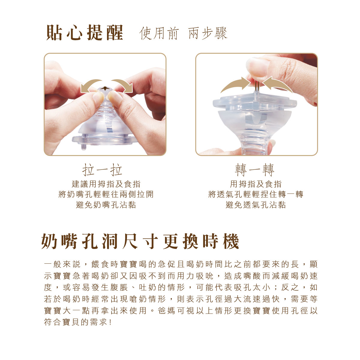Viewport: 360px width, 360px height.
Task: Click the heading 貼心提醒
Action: click(85, 33)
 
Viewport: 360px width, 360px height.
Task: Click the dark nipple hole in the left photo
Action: click(105, 88)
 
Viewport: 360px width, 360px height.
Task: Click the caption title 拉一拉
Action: click(102, 170)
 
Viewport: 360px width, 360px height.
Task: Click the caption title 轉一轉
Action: click(254, 170)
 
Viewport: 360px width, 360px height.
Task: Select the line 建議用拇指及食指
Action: click(106, 184)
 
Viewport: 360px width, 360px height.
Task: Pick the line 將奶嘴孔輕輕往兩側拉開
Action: click(106, 194)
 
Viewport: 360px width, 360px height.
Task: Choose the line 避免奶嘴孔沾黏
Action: click(106, 205)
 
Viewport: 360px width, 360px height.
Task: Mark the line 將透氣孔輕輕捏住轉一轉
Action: click(256, 194)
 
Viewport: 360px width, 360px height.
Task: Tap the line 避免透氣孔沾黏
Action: click(256, 205)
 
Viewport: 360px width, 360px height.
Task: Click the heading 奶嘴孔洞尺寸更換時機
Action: click(140, 241)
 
